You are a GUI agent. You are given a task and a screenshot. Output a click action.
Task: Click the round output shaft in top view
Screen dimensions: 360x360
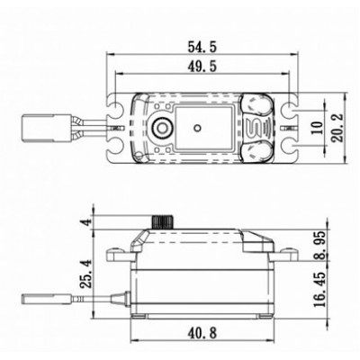pos(164,123)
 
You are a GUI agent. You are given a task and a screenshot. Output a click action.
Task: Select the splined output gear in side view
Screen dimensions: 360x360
pos(166,221)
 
